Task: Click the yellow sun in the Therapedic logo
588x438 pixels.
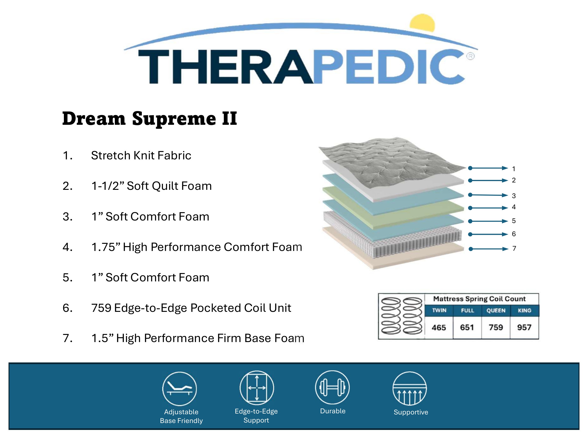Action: pos(422,23)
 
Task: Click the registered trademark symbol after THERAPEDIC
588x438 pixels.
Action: pos(470,56)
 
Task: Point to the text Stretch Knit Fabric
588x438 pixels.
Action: pos(141,155)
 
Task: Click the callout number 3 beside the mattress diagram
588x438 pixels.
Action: pos(514,196)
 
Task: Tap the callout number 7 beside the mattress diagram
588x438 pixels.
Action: pos(514,248)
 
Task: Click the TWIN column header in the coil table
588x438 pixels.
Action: pos(439,310)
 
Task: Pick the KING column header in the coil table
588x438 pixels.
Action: pos(525,310)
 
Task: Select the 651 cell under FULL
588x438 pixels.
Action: pos(467,328)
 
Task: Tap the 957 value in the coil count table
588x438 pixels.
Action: pos(524,328)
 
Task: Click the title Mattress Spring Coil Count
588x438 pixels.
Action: pos(479,299)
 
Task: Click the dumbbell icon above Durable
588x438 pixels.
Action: pos(332,387)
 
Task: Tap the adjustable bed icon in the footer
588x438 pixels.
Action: pos(179,389)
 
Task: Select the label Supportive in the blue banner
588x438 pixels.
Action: pos(411,412)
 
